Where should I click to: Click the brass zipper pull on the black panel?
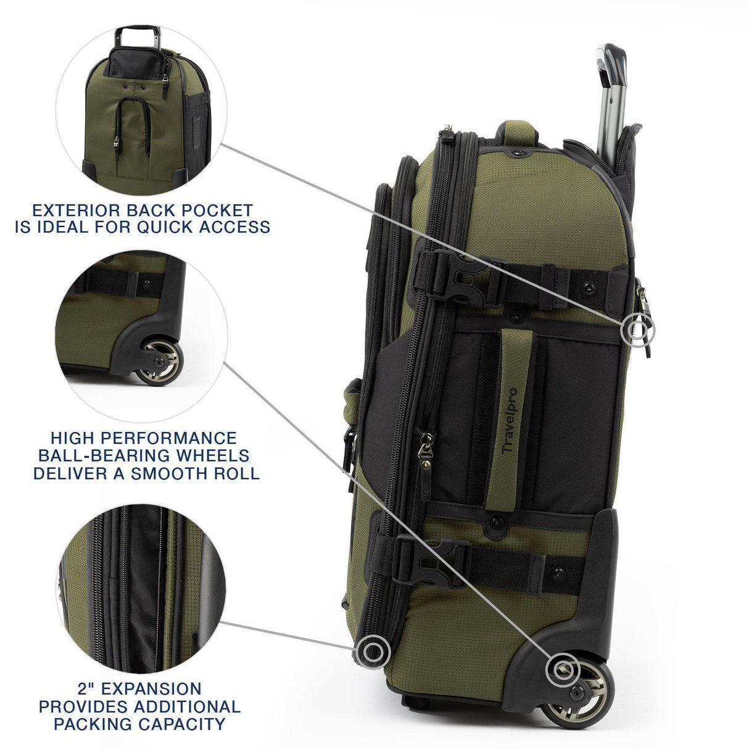(x=424, y=442)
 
